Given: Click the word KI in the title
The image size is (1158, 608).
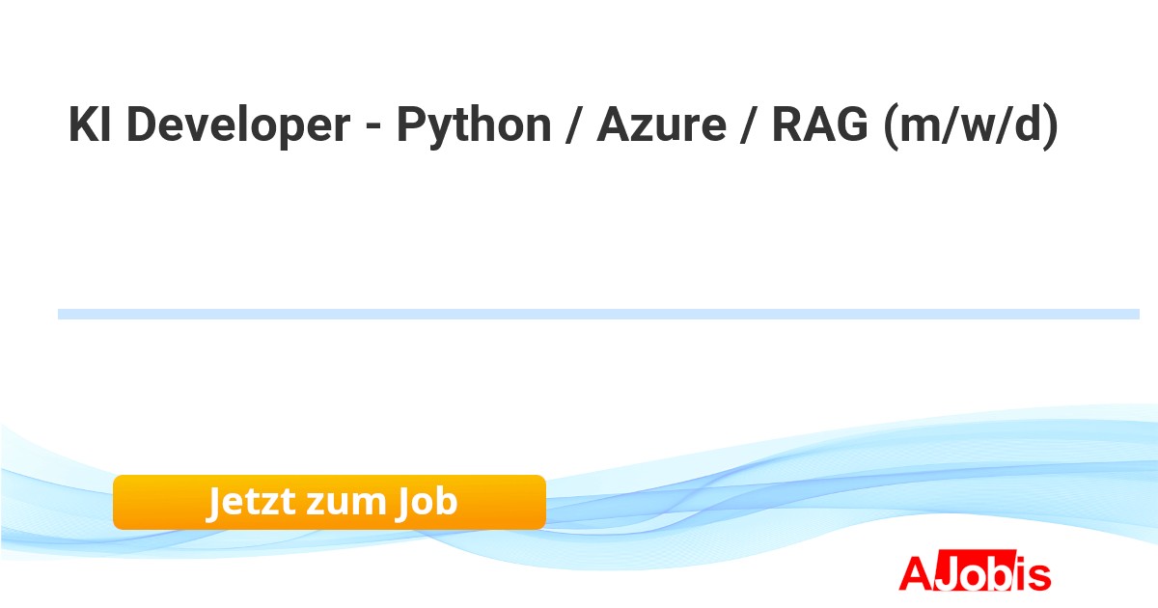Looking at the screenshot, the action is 90,124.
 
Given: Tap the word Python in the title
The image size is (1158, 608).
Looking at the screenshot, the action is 474,127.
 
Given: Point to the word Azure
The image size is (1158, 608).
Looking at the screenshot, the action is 662,124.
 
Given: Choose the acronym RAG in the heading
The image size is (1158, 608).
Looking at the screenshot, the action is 819,124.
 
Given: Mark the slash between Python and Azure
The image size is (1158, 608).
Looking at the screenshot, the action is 573,125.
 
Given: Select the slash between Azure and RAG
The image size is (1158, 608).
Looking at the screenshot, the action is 749,125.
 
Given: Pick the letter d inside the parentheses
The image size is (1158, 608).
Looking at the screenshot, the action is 1030,124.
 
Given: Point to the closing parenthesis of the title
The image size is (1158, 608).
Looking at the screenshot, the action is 1052,126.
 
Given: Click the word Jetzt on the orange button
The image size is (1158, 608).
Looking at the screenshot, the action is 252,502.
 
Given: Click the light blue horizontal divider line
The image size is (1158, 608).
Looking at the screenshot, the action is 598,314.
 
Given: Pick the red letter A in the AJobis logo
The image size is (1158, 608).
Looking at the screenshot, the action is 917,573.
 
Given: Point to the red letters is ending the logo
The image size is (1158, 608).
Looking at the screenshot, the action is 1033,574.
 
